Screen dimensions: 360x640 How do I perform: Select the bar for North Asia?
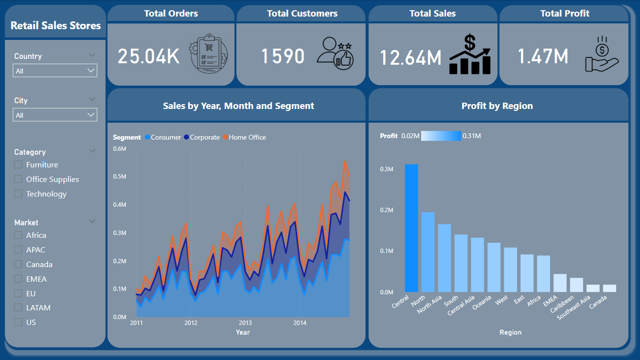pos(444,258)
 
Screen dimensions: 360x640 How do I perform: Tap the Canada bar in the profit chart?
pos(609,288)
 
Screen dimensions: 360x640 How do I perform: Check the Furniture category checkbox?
pos(18,165)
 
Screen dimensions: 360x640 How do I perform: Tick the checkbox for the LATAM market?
pos(18,307)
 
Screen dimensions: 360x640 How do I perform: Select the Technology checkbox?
pos(18,194)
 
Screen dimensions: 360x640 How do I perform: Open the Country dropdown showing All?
pos(55,71)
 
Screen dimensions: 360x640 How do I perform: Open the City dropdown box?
pos(55,115)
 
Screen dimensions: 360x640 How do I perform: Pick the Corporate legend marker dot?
pos(186,137)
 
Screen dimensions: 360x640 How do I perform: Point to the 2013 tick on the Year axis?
pos(245,323)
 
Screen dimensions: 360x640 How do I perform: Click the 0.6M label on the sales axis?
pos(120,148)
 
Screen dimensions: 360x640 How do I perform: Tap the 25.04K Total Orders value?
pos(148,56)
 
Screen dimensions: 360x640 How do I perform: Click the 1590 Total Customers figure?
pos(283,56)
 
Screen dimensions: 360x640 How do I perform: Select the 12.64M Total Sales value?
pos(410,57)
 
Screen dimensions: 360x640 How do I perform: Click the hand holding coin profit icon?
pos(602,54)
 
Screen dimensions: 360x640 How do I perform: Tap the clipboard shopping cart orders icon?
pos(209,54)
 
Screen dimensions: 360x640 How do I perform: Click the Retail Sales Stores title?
pos(55,26)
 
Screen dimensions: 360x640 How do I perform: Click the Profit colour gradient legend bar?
pos(441,136)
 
